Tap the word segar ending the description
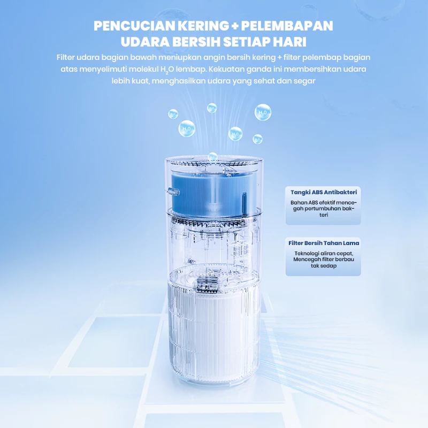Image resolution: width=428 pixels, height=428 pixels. click(x=305, y=81)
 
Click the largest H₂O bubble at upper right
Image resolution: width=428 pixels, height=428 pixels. click(x=263, y=112)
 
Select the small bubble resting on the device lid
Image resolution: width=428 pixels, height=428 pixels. click(x=213, y=157)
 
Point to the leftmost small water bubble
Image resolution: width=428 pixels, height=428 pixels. click(x=173, y=113)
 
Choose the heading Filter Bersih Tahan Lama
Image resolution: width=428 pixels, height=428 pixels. click(x=324, y=243)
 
